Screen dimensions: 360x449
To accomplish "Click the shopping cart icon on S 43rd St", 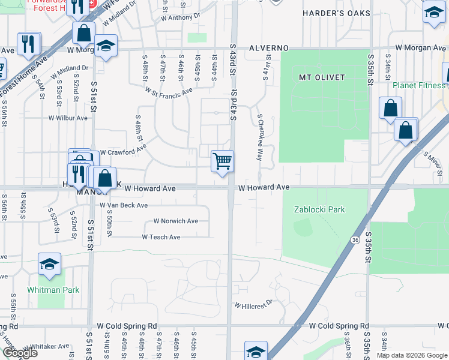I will (x=222, y=161).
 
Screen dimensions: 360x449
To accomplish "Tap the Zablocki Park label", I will (x=319, y=209).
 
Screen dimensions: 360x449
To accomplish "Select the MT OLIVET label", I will (x=322, y=77).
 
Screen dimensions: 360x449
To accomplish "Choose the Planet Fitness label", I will (x=419, y=85).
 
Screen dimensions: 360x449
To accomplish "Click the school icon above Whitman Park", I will (x=49, y=263).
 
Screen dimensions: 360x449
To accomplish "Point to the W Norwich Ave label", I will (x=175, y=221).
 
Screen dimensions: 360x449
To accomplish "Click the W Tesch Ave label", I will (x=161, y=237).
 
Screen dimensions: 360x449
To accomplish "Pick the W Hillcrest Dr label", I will (x=253, y=305).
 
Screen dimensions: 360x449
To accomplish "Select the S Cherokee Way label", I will (x=260, y=137).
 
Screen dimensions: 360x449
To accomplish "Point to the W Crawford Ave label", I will (x=123, y=152).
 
